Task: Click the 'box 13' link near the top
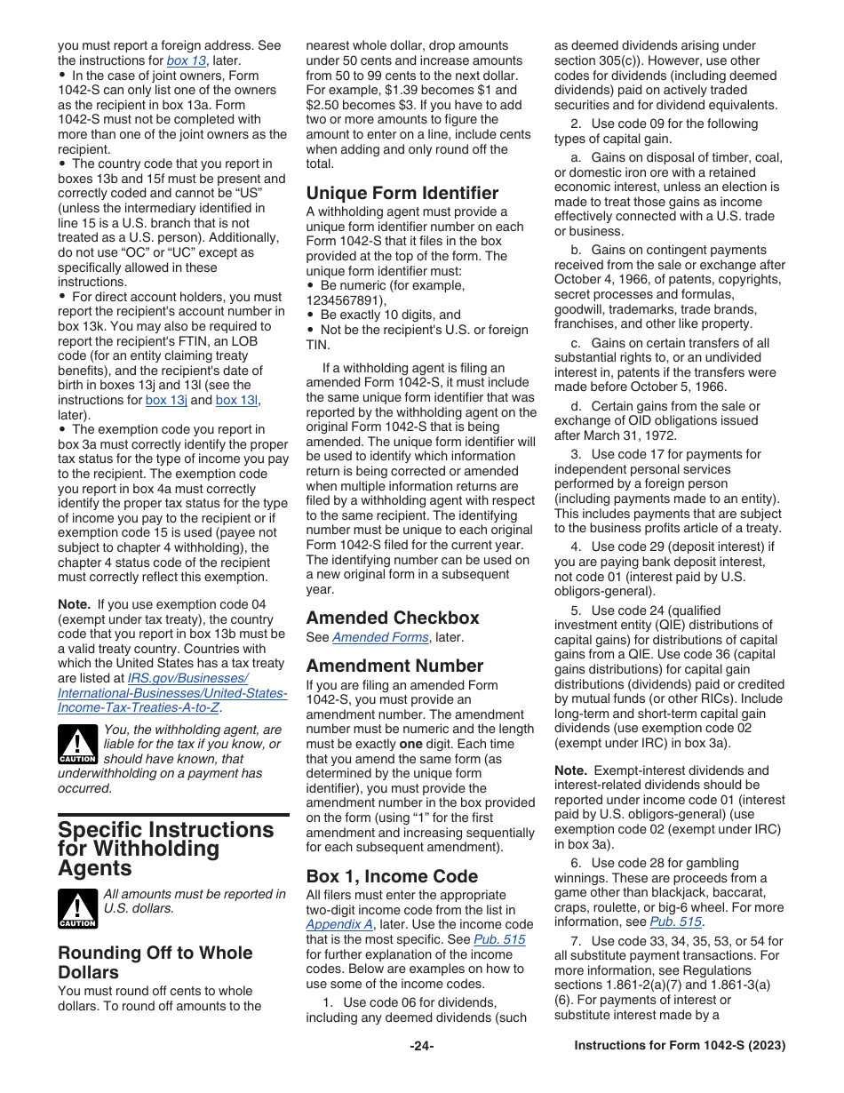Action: coord(186,60)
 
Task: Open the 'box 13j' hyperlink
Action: coord(166,400)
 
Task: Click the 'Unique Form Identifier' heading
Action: coord(402,193)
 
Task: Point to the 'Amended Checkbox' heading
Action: coord(392,618)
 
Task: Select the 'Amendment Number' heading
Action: coord(394,666)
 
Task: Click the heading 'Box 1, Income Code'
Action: coord(392,876)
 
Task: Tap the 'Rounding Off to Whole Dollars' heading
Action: coord(155,962)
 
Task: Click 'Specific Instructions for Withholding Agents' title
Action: coord(165,849)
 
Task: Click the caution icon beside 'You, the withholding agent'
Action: coord(77,746)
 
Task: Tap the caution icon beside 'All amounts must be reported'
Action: coord(77,908)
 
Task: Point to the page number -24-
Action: coord(421,1046)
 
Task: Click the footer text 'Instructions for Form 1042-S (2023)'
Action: coord(680,1046)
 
